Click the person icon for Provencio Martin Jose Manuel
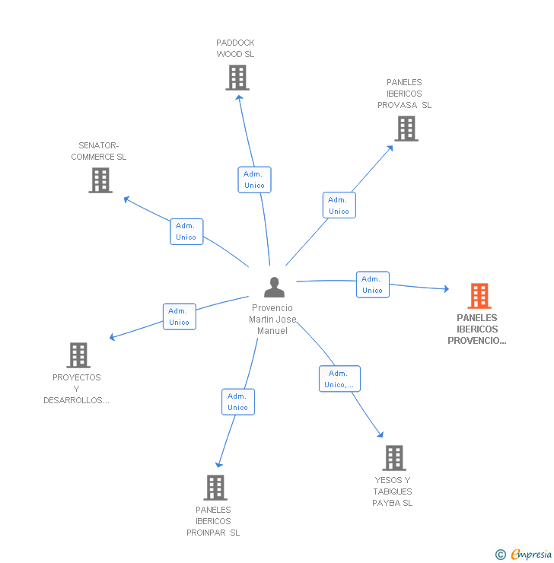(x=274, y=287)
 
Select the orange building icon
(x=479, y=295)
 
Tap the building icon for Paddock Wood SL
(x=237, y=77)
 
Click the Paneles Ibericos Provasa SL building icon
(x=406, y=129)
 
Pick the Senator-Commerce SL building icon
(x=100, y=180)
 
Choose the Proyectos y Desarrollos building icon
(x=78, y=355)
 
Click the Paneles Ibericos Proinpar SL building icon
(x=215, y=487)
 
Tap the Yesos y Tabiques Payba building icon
(x=393, y=457)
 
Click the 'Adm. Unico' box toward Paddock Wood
(x=254, y=180)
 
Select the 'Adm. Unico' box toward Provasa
(x=339, y=205)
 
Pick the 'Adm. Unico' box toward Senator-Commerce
(x=186, y=231)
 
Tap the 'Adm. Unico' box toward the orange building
(x=372, y=285)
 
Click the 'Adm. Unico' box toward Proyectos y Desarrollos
(x=180, y=316)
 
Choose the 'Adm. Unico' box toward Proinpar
(x=238, y=402)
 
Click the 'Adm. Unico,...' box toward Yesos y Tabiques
(x=339, y=379)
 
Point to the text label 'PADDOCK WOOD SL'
(x=235, y=49)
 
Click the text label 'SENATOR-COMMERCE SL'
(x=99, y=151)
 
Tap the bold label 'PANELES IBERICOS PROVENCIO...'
(x=477, y=329)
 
